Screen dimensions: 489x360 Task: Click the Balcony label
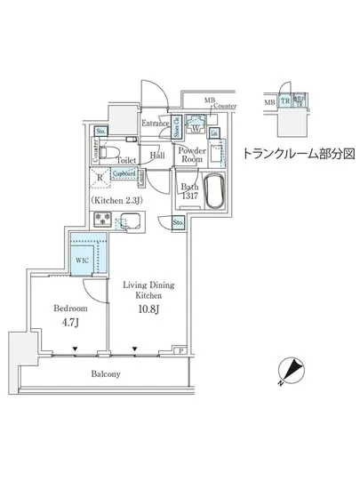point(103,374)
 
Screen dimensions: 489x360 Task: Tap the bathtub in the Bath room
point(214,191)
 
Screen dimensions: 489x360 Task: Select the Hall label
point(156,155)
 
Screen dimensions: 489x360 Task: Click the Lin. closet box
point(214,133)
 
